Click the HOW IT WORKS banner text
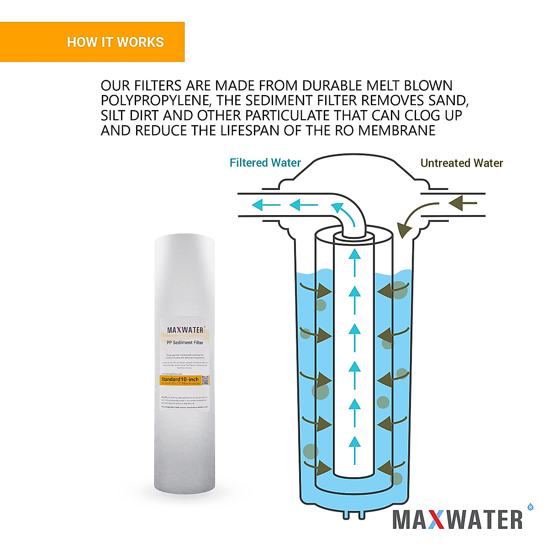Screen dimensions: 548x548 [x=115, y=42]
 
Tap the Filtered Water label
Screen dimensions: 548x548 [x=265, y=163]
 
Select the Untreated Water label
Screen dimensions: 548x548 [x=461, y=163]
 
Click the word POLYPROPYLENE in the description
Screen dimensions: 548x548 [x=156, y=100]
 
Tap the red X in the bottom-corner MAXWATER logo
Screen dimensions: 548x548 [x=437, y=520]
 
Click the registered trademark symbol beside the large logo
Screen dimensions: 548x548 [x=530, y=506]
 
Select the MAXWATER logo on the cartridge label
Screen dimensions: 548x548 [x=185, y=330]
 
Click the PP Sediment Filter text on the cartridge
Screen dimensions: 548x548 [x=185, y=342]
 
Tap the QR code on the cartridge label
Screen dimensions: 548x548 [x=205, y=380]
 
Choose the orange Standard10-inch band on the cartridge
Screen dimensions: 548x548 [x=180, y=380]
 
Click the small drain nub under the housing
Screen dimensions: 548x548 [x=354, y=514]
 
